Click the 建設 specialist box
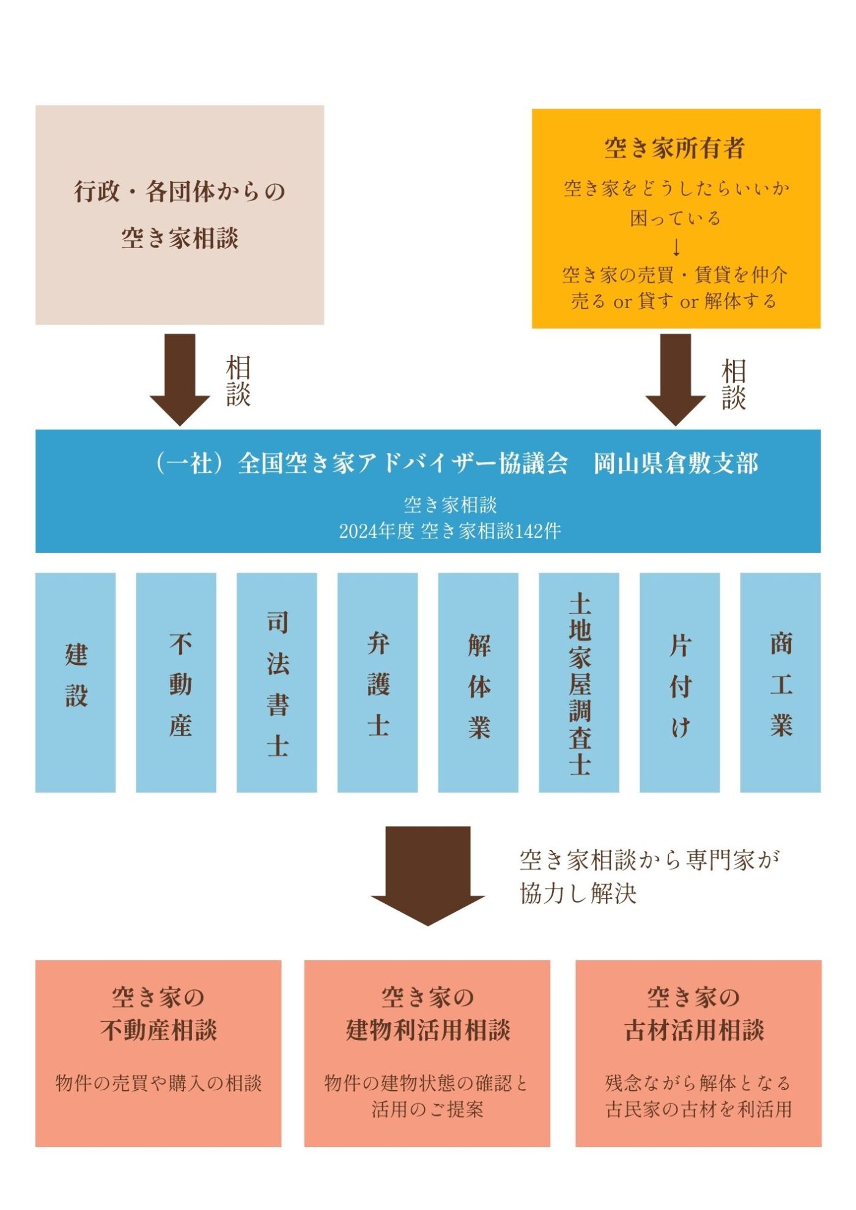pyautogui.click(x=75, y=682)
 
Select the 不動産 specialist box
pyautogui.click(x=176, y=682)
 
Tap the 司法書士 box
pyautogui.click(x=277, y=682)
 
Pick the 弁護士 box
pyautogui.click(x=378, y=682)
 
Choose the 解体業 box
pyautogui.click(x=478, y=682)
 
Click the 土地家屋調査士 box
pyautogui.click(x=579, y=682)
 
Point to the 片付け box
pyautogui.click(x=680, y=682)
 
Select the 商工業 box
pyautogui.click(x=781, y=682)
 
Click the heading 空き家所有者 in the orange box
pyautogui.click(x=675, y=148)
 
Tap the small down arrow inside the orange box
pyautogui.click(x=676, y=248)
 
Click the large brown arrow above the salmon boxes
pyautogui.click(x=428, y=874)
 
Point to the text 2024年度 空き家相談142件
pyautogui.click(x=450, y=531)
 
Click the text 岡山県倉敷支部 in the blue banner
pyautogui.click(x=676, y=464)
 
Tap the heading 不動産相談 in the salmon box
pyautogui.click(x=158, y=1030)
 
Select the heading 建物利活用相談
pyautogui.click(x=428, y=1030)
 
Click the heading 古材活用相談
pyautogui.click(x=695, y=1030)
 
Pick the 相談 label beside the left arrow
pyautogui.click(x=238, y=380)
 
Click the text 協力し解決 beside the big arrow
pyautogui.click(x=578, y=893)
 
